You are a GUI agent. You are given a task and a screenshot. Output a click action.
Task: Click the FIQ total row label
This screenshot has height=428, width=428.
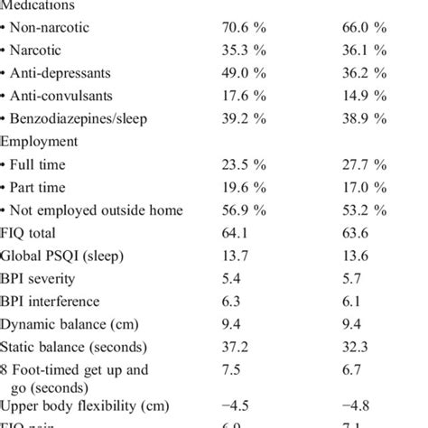pyautogui.click(x=35, y=233)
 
